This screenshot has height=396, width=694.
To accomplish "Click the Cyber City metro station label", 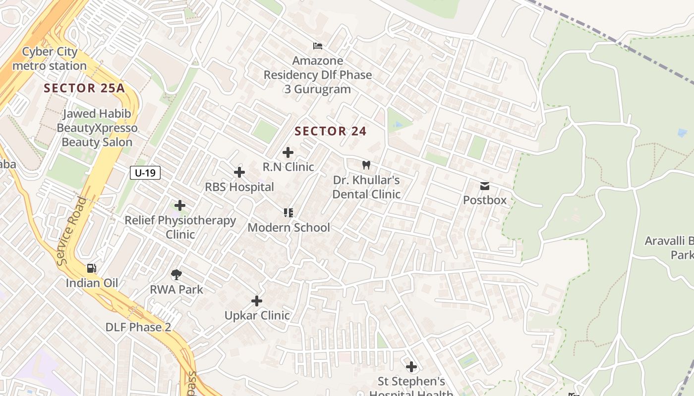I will tap(50, 59).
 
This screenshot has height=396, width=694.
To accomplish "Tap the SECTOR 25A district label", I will tap(84, 89).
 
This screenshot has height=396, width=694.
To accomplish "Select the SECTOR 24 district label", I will tap(331, 131).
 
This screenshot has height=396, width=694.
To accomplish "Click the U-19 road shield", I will tap(145, 173).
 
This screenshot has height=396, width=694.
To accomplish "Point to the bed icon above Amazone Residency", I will tap(318, 46).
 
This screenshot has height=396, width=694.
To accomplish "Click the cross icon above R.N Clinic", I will tap(288, 152).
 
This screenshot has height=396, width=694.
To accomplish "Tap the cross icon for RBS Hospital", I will tap(239, 172).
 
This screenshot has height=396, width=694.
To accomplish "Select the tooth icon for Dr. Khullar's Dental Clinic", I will tap(366, 165).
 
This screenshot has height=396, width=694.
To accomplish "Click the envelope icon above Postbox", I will tap(485, 186).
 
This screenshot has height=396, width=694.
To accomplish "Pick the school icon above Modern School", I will tap(289, 213).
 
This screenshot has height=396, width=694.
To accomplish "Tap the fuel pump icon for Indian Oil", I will tap(92, 268).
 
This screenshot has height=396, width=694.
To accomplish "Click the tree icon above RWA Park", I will tap(176, 274).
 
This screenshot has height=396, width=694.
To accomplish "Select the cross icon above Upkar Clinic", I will tap(257, 301).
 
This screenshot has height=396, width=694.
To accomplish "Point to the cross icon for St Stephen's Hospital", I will tap(411, 367).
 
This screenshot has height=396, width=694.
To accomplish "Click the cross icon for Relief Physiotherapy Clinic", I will tap(180, 205).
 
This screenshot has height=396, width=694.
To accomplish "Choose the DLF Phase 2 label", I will tap(138, 327).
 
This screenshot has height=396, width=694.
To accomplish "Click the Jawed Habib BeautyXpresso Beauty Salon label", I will tap(97, 128).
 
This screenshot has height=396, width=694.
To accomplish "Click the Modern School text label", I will tap(289, 228).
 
